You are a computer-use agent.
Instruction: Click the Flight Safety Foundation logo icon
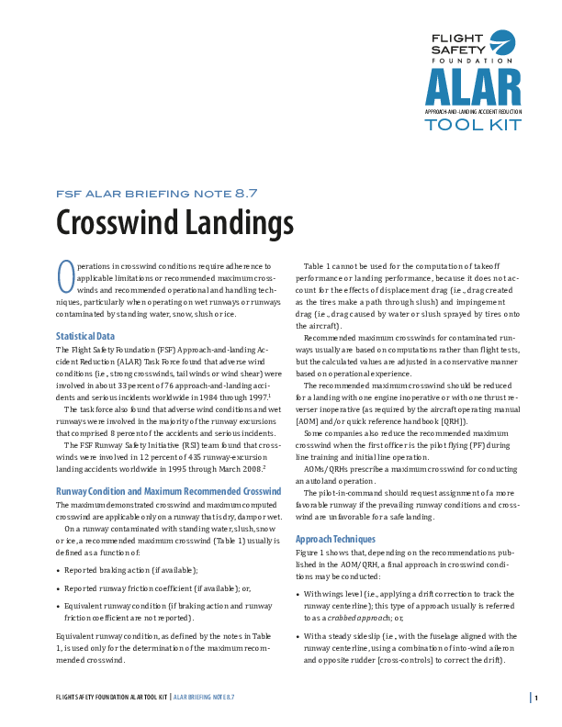pos(502,42)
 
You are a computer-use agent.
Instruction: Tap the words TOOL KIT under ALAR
pos(472,125)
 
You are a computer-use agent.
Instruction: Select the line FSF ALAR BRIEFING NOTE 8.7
pos(156,194)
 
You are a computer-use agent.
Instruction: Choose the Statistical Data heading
pos(85,336)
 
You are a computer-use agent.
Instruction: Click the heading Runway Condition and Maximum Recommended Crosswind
pos(168,491)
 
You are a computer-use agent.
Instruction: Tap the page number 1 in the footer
pos(536,698)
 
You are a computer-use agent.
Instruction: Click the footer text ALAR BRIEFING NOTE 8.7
pos(205,698)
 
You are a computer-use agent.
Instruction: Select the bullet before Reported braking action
pos(59,570)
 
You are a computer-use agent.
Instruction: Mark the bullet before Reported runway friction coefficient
pos(59,587)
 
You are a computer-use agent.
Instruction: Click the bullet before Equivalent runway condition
pos(59,606)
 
